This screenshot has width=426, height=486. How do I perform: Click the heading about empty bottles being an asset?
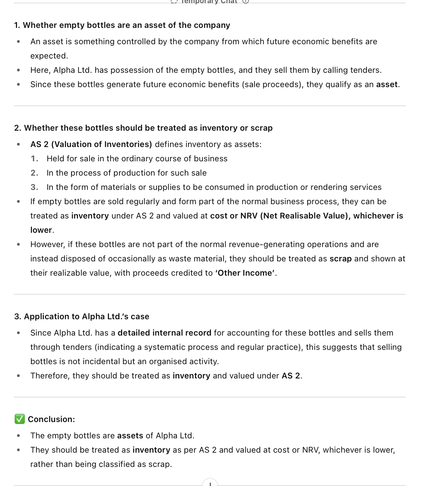pyautogui.click(x=122, y=25)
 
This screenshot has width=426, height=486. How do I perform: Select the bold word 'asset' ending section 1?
pyautogui.click(x=387, y=84)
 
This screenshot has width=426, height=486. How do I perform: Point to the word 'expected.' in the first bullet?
pyautogui.click(x=49, y=56)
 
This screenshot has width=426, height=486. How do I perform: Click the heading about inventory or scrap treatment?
pyautogui.click(x=143, y=128)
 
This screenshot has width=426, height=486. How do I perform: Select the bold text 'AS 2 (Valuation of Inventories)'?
pyautogui.click(x=91, y=144)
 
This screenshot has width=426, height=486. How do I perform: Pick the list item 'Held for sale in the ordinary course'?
pyautogui.click(x=137, y=159)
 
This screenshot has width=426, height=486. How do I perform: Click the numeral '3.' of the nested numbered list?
pyautogui.click(x=34, y=187)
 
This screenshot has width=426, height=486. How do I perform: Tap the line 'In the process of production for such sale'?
pyautogui.click(x=127, y=173)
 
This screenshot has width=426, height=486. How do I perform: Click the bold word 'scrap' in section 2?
pyautogui.click(x=340, y=259)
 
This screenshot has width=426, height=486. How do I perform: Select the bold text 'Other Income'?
pyautogui.click(x=245, y=273)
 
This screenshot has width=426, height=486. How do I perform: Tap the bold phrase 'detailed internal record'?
pyautogui.click(x=164, y=333)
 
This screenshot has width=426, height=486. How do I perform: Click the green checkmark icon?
pyautogui.click(x=20, y=419)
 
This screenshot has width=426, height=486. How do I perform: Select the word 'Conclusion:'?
pyautogui.click(x=51, y=419)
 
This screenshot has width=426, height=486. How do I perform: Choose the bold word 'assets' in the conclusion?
pyautogui.click(x=130, y=436)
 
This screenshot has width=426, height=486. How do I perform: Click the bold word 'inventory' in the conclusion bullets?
pyautogui.click(x=151, y=450)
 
